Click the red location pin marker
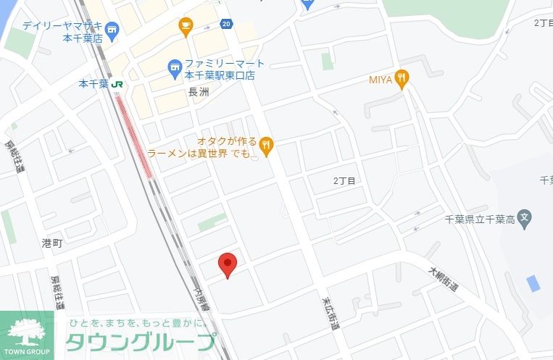click(228, 264)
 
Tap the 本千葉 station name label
click(93, 84)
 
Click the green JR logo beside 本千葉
click(117, 84)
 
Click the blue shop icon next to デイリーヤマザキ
click(111, 29)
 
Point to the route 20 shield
click(227, 24)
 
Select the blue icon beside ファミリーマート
click(174, 69)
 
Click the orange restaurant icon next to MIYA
click(402, 78)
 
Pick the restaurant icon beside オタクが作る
click(267, 147)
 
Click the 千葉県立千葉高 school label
click(478, 218)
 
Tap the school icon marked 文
click(525, 217)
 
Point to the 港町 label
click(52, 243)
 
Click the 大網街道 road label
click(443, 279)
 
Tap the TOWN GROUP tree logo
click(28, 332)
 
